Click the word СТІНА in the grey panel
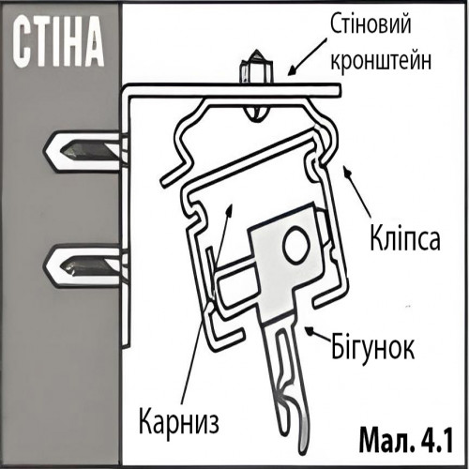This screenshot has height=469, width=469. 58,44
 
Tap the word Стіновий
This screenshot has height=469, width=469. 371,24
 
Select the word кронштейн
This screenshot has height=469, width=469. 381,60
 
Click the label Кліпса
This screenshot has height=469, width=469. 405,239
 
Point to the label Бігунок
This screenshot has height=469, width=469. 372,345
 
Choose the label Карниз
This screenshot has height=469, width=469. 178,420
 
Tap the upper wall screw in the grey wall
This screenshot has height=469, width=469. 83,152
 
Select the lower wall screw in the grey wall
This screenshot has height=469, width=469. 83,266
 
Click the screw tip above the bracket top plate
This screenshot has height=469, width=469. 256,67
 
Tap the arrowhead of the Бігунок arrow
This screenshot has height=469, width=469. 310,330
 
